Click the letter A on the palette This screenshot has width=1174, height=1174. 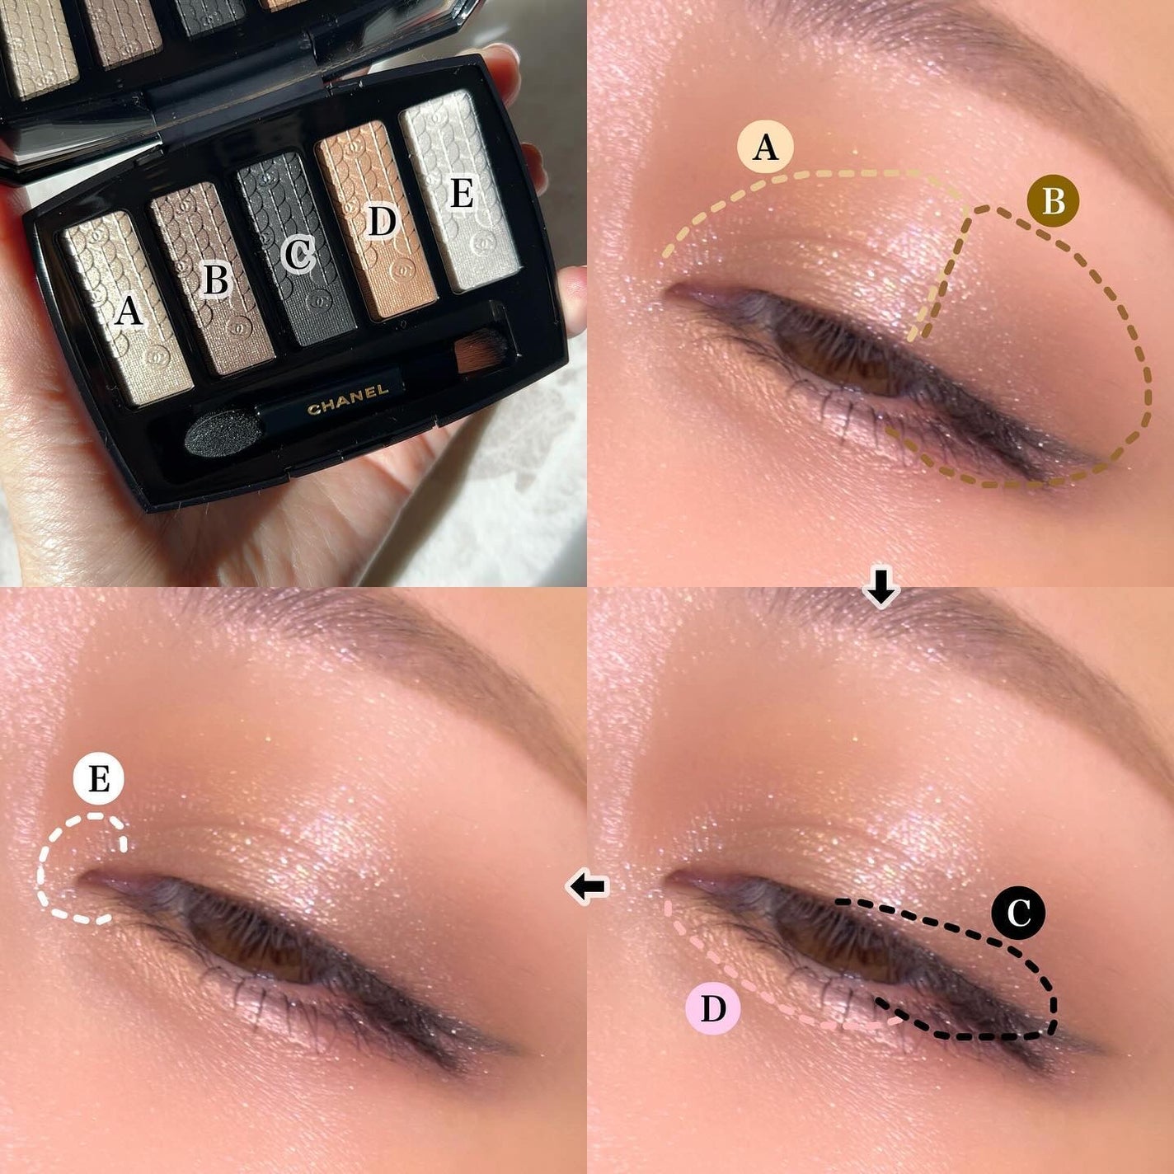(x=128, y=311)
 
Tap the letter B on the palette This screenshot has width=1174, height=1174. (x=215, y=280)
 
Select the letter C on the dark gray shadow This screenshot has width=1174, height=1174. (x=298, y=254)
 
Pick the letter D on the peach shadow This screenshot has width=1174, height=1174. (x=381, y=220)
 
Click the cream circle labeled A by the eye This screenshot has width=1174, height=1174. (x=766, y=148)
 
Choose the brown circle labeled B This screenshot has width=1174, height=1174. (x=1053, y=200)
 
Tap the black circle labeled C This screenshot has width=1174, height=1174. (x=1018, y=913)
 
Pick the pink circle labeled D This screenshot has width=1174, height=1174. (x=713, y=1007)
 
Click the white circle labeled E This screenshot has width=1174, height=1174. (x=98, y=779)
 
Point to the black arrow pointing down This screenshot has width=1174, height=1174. (x=881, y=588)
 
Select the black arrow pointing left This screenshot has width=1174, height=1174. (x=588, y=887)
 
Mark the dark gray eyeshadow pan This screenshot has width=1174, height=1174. (x=295, y=247)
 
